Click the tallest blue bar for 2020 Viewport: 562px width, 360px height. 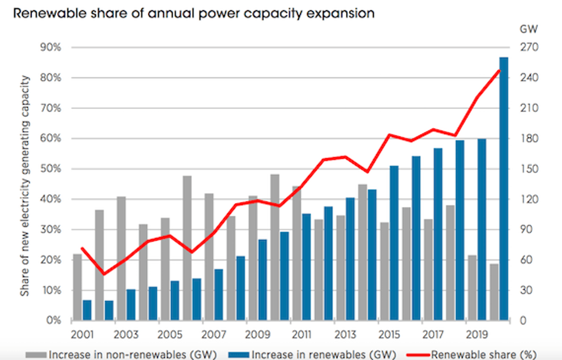(504, 189)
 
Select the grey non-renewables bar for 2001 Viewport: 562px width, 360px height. (77, 287)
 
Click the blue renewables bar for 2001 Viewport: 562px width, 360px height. (87, 310)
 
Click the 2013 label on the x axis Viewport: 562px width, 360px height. (345, 333)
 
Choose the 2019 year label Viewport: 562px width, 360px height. (477, 333)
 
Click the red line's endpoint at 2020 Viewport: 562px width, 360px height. (499, 71)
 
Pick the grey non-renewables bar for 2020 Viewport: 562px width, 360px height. (494, 292)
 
